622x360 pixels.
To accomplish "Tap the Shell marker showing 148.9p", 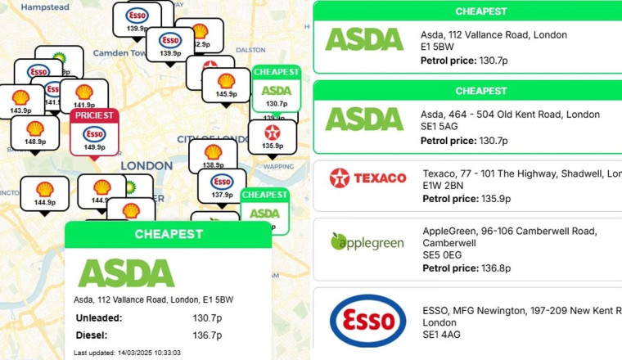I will pyautogui.click(x=35, y=133).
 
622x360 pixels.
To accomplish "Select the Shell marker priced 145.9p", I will pyautogui.click(x=227, y=86).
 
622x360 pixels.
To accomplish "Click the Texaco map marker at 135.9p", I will pyautogui.click(x=273, y=136).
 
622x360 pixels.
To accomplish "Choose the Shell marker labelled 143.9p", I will pyautogui.click(x=20, y=101).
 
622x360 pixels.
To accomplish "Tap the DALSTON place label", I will pyautogui.click(x=250, y=50).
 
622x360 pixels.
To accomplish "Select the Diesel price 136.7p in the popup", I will pyautogui.click(x=207, y=335).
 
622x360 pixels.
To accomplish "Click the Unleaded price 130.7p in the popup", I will pyautogui.click(x=207, y=317).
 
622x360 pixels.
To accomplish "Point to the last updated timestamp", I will pyautogui.click(x=127, y=353).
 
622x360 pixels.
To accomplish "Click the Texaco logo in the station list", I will pyautogui.click(x=367, y=178).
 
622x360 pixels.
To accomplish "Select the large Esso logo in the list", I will pyautogui.click(x=367, y=322).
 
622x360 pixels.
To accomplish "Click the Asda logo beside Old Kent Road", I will pyautogui.click(x=364, y=118).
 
